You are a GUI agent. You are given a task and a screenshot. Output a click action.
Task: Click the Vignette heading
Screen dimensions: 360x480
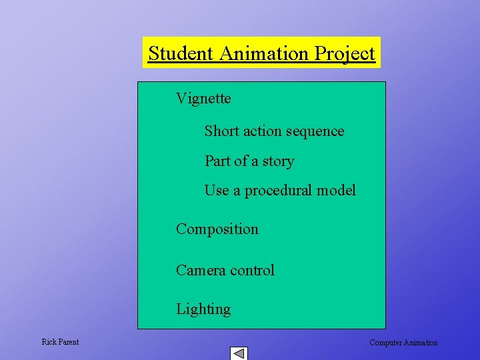tap(203, 99)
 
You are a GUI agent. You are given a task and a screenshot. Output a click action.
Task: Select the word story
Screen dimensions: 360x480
tap(278, 161)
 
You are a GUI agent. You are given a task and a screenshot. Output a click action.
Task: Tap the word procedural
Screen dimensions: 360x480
tap(278, 191)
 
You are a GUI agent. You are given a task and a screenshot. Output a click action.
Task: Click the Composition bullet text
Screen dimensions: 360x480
tap(217, 229)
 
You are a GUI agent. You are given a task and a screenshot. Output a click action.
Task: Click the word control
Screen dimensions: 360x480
tap(252, 270)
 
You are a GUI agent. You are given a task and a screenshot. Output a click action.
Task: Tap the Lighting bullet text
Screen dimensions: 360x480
tap(203, 309)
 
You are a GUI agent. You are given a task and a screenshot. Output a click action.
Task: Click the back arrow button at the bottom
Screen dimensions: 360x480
tap(239, 353)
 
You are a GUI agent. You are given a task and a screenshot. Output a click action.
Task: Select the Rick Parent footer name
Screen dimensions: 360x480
tap(60, 342)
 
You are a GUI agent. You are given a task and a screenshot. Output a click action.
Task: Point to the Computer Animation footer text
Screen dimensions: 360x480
tap(403, 343)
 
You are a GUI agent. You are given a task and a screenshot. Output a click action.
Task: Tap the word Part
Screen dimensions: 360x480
tap(217, 161)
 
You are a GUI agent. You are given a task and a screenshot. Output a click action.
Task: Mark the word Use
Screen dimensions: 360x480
tap(217, 190)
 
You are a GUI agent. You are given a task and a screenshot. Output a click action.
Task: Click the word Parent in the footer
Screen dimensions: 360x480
tap(68, 342)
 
